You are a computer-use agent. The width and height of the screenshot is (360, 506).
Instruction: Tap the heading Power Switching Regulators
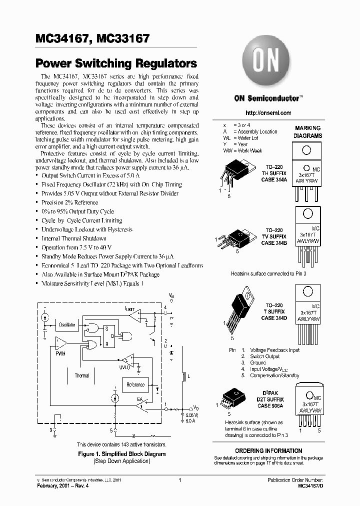tap(116, 64)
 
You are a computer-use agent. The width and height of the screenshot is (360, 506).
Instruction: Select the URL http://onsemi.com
tap(268, 113)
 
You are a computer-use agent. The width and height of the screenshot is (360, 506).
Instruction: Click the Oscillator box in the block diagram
tap(66, 325)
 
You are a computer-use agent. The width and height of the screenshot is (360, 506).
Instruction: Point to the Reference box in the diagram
tap(135, 385)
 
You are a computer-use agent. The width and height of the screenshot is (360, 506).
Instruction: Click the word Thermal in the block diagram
tap(82, 375)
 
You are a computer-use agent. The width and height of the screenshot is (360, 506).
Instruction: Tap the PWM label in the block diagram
tap(60, 353)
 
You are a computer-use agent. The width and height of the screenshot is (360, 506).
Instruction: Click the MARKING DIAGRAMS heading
tap(307, 132)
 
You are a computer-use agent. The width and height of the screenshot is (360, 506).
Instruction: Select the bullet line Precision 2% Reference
tap(69, 202)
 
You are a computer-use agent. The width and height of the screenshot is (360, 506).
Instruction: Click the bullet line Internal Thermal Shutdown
tap(73, 238)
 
